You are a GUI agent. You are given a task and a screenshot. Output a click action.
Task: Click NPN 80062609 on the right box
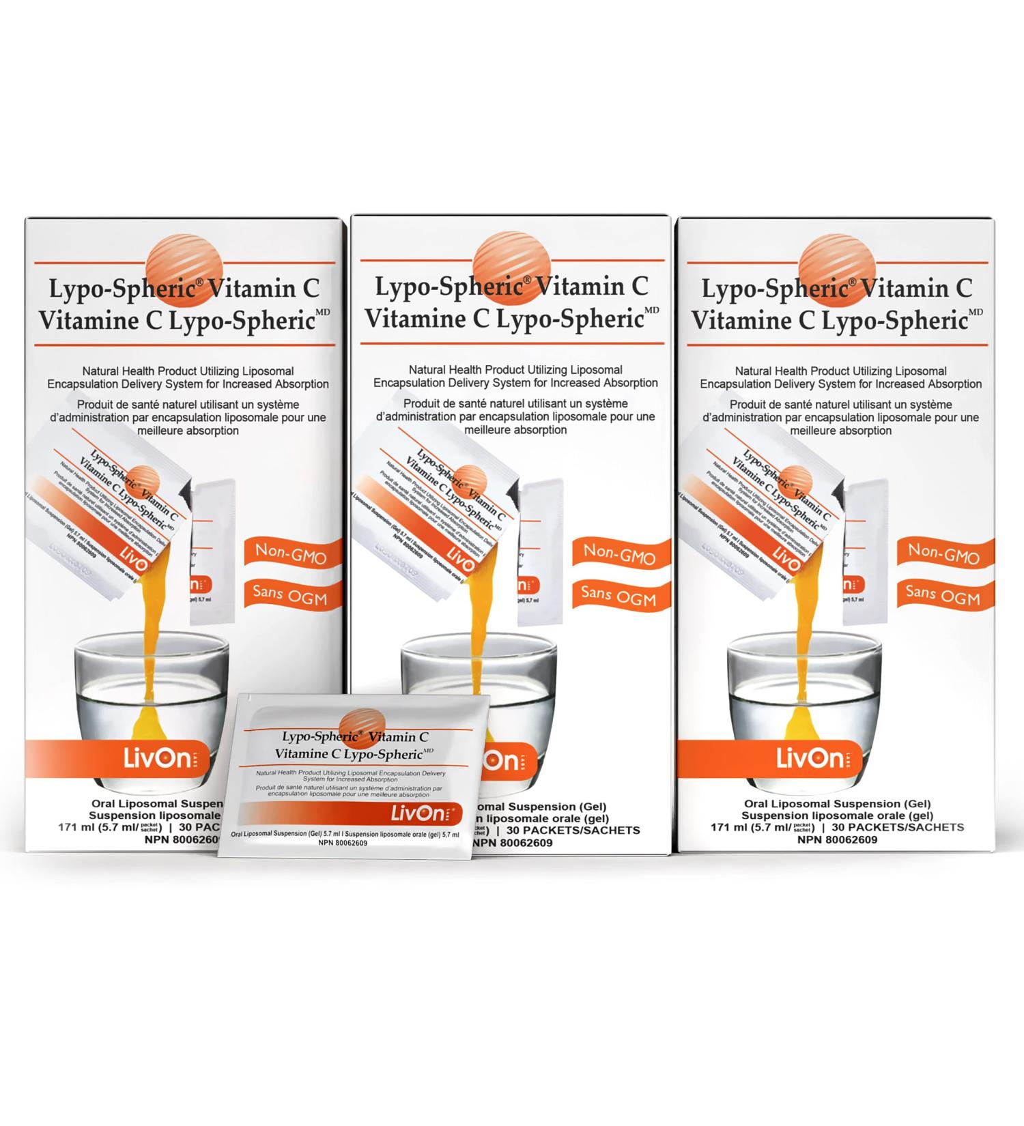tap(837, 840)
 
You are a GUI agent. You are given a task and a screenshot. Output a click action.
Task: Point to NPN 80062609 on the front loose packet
tap(343, 843)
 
